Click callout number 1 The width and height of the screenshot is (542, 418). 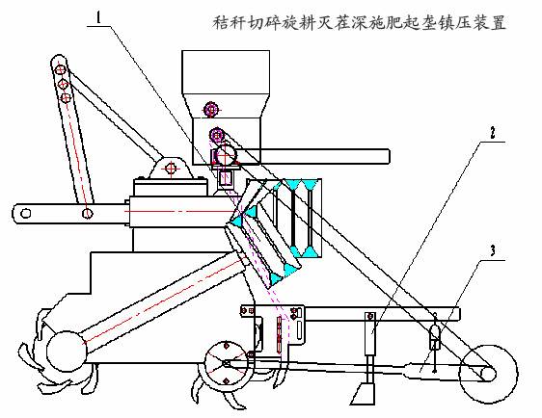click(99, 17)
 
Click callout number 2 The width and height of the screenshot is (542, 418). click(493, 133)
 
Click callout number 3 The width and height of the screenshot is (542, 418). click(493, 250)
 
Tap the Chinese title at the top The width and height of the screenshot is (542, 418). click(359, 22)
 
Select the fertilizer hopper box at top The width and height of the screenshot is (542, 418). click(226, 72)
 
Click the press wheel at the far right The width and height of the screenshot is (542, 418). click(488, 374)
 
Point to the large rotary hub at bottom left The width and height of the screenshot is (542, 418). click(66, 351)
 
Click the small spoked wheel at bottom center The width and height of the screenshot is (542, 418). click(227, 363)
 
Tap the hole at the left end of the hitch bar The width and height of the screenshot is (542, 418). click(26, 213)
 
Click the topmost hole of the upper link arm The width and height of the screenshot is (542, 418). click(60, 69)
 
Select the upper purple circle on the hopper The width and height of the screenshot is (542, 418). click(210, 110)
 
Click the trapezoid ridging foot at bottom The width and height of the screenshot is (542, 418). click(363, 394)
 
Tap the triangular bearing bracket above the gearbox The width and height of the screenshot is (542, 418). click(171, 169)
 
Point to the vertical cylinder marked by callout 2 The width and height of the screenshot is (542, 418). click(370, 334)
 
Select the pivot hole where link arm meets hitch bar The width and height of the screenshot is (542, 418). click(88, 213)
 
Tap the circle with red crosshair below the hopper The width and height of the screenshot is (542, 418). click(225, 155)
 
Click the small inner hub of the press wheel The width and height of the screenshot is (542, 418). click(488, 374)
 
